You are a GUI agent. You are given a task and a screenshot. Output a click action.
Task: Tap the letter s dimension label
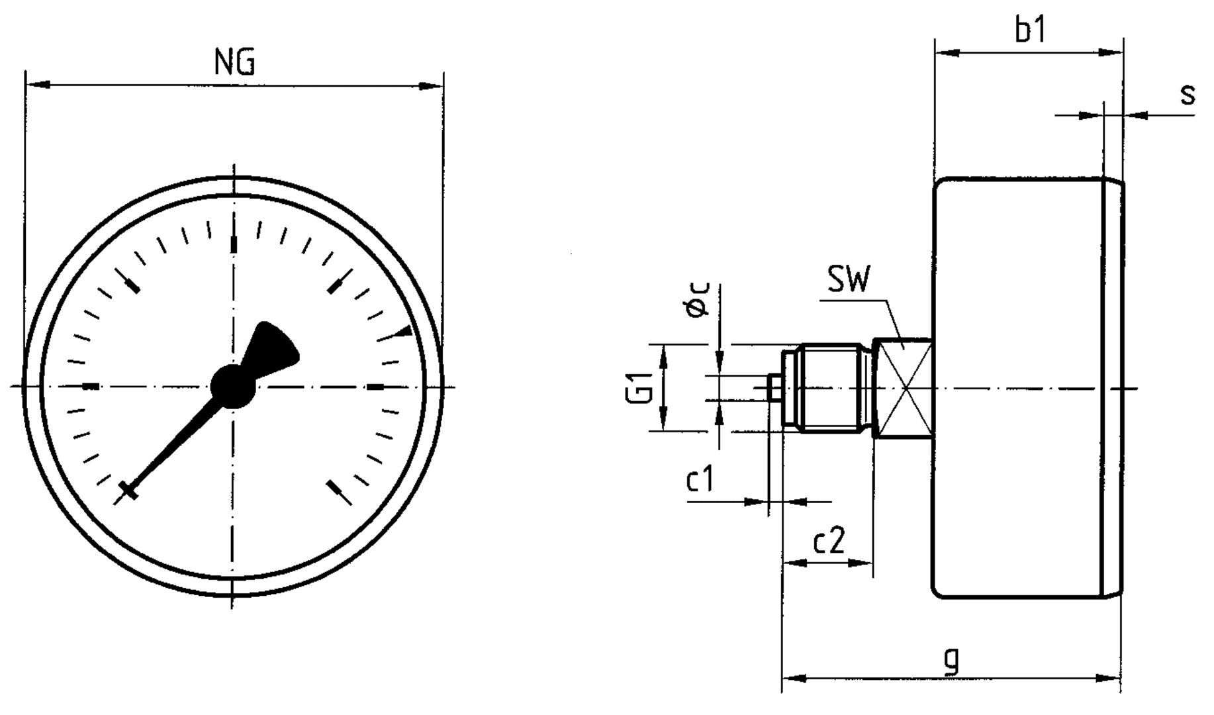point(1188,95)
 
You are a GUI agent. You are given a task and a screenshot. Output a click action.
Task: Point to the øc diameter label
point(697,299)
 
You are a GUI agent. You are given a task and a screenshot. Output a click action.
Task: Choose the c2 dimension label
point(829,542)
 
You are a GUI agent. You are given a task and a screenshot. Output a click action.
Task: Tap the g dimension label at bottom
point(951,660)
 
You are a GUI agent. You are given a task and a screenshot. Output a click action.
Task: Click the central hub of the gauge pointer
point(232,386)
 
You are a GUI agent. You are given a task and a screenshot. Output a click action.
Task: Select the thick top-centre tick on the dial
point(233,244)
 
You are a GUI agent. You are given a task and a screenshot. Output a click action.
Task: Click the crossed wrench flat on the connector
point(903,387)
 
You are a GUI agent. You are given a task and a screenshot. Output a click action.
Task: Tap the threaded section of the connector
point(831,387)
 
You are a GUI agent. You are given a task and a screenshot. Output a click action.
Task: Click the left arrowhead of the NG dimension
point(38,85)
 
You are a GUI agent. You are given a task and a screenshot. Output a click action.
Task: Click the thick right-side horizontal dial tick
point(376,387)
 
